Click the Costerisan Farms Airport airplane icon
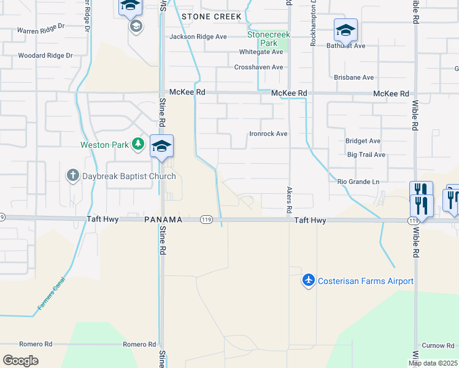pos(308,280)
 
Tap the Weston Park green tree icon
pos(139,145)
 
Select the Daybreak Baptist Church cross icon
pos(72,176)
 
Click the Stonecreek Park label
pos(268,39)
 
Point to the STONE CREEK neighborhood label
pos(212,17)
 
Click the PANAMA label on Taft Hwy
pos(164,220)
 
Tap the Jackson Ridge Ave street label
pos(198,37)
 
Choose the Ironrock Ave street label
pos(268,133)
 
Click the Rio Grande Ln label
pos(358,182)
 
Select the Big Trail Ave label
pos(366,155)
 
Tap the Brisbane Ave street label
pos(353,78)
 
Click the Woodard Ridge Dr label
pos(45,55)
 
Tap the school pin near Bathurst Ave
pos(345,30)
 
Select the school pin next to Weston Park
pos(162,147)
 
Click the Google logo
pos(20,360)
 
